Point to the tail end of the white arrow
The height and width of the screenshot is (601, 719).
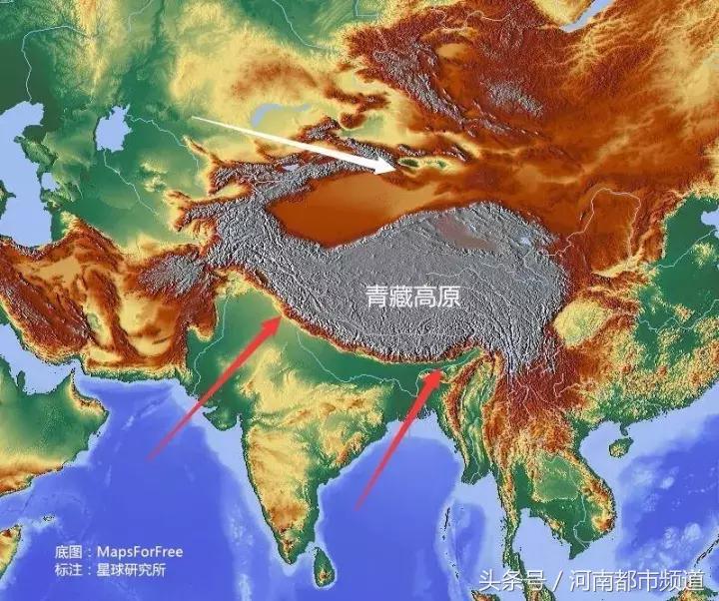click(194, 119)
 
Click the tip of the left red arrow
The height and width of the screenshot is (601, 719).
click(281, 318)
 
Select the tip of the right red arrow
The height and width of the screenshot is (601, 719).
click(440, 371)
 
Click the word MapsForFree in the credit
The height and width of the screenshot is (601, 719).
click(140, 551)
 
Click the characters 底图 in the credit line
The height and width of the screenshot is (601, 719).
click(68, 551)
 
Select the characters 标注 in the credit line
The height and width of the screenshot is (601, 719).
click(68, 569)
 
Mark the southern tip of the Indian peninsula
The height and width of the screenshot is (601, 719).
click(291, 552)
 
